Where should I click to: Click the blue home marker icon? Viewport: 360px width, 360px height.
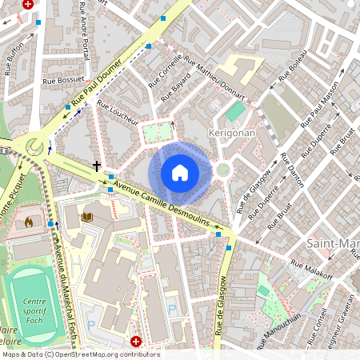click(180, 172)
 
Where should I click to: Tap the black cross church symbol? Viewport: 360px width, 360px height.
click(97, 166)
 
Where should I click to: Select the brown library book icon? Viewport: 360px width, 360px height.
click(88, 217)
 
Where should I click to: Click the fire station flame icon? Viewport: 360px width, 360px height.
click(30, 222)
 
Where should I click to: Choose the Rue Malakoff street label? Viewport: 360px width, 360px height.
click(311, 268)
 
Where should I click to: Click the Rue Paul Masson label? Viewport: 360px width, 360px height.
click(320, 103)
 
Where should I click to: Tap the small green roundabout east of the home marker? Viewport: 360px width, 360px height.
click(223, 170)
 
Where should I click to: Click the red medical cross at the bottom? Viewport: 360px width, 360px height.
click(135, 342)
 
